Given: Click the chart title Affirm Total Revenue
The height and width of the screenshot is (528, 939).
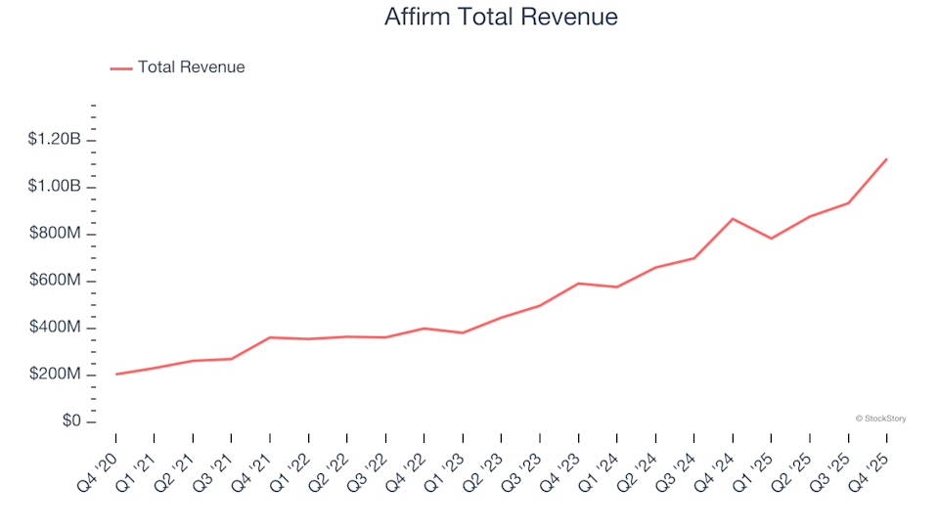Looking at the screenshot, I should point(502,18).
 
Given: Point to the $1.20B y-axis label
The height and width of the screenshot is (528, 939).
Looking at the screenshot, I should point(55,140).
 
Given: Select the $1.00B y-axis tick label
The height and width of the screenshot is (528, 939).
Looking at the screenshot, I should point(55,187).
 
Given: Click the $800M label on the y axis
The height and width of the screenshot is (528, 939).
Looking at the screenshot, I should point(57,234).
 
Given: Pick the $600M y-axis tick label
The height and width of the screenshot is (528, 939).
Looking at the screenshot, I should point(57,281).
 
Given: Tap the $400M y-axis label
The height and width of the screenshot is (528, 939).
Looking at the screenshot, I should point(57,328).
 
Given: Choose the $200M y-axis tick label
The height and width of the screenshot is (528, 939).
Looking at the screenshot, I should point(57,374).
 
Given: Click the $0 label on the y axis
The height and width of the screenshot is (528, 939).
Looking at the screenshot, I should point(70,421).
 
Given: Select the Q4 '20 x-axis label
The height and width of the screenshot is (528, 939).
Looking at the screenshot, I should point(99,461).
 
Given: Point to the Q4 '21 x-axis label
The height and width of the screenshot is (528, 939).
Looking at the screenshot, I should point(253,461).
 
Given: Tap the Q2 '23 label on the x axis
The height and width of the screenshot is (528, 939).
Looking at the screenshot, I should point(484,461).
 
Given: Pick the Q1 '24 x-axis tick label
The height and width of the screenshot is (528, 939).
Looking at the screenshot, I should point(600,461).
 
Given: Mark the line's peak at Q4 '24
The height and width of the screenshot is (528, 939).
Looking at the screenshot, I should point(733,219).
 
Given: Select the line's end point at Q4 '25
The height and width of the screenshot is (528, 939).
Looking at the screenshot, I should point(886,158).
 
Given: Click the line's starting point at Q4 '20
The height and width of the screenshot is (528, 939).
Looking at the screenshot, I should point(115,374).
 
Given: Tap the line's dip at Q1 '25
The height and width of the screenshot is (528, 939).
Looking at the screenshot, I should point(771,239).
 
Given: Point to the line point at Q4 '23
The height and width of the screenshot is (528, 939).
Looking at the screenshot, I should point(578,284).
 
